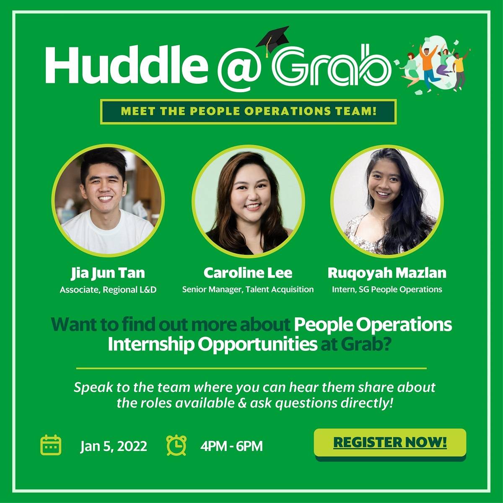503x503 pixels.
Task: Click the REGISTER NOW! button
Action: tap(390, 443)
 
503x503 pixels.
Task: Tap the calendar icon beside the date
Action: tap(51, 445)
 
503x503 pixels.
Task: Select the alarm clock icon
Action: tap(177, 445)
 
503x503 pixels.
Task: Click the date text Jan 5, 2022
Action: tap(114, 446)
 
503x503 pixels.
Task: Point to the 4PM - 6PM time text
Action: tap(231, 446)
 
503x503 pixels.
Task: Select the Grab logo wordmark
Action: tap(331, 67)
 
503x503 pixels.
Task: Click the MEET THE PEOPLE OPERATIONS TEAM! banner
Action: tap(248, 112)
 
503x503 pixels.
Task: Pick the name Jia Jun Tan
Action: tap(108, 273)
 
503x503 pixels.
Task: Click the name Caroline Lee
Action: tap(248, 273)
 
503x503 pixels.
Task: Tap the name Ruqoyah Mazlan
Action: tap(387, 273)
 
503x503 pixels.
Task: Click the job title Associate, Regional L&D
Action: tap(108, 290)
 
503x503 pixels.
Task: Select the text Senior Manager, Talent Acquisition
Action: tap(248, 289)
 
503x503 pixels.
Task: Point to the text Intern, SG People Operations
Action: tap(387, 289)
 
